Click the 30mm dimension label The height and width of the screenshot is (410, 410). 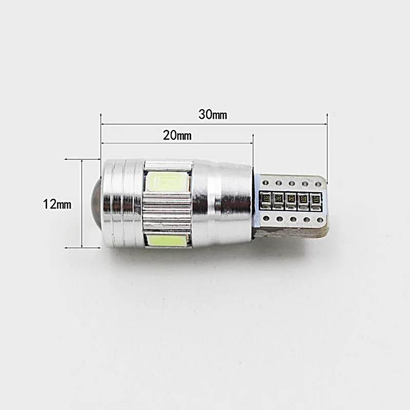(x=213, y=114)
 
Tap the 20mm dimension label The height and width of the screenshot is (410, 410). (x=177, y=135)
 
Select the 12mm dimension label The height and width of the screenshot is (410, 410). (x=57, y=204)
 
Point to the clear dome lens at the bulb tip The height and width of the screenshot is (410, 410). (x=96, y=203)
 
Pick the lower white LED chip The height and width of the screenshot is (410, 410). (x=167, y=240)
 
